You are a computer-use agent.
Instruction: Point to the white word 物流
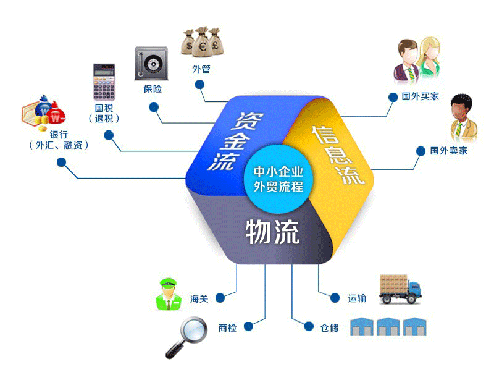(272, 232)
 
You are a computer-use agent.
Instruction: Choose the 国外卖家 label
(449, 150)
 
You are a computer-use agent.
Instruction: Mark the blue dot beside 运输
(335, 298)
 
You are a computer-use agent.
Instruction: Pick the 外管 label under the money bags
(201, 69)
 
